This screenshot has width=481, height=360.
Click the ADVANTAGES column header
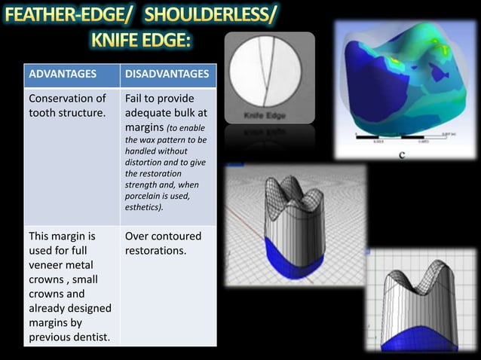pos(63,75)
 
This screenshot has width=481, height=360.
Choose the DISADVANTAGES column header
pos(167,75)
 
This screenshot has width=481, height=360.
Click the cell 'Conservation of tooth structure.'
pos(67,106)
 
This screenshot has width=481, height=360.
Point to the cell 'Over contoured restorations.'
pos(163,243)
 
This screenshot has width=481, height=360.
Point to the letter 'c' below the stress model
pos(401,156)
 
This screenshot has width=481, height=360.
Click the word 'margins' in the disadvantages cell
pos(147,127)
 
